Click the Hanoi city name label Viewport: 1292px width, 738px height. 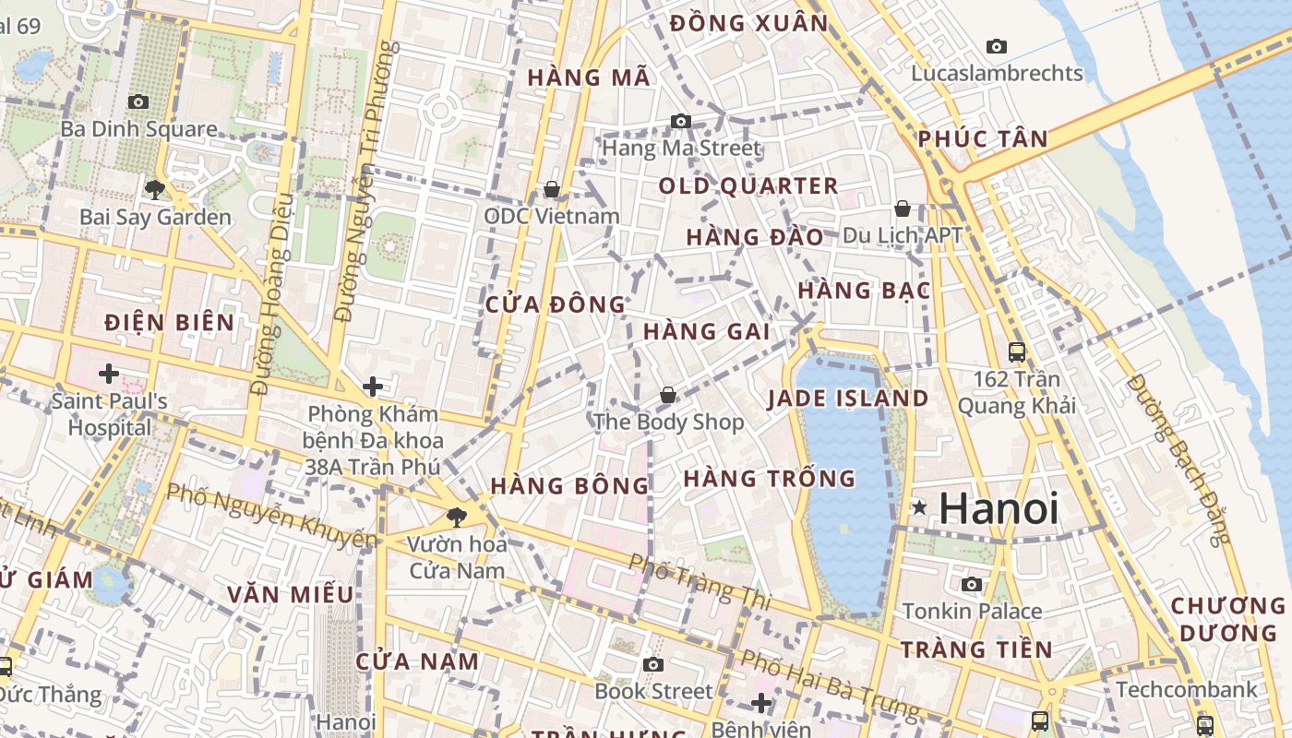pyautogui.click(x=999, y=508)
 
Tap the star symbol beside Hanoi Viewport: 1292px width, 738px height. pyautogui.click(x=919, y=507)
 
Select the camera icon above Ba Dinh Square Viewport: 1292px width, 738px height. pyautogui.click(x=138, y=102)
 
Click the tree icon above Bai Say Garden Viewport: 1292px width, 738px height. pyautogui.click(x=154, y=190)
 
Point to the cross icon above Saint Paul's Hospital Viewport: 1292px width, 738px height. pyautogui.click(x=109, y=374)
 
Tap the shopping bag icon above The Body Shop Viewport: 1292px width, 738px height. pyautogui.click(x=668, y=396)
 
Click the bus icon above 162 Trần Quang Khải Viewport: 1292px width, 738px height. pyautogui.click(x=1016, y=351)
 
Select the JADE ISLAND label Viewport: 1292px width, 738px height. pyautogui.click(x=848, y=399)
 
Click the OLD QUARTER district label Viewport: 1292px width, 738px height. pyautogui.click(x=748, y=186)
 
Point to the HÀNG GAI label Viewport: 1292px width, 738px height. pyautogui.click(x=706, y=331)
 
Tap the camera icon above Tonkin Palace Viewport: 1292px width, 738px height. pyautogui.click(x=972, y=584)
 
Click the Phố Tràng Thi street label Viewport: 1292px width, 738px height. pyautogui.click(x=699, y=580)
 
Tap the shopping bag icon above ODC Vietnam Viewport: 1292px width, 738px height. pyautogui.click(x=552, y=189)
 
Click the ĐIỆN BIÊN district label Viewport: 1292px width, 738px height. pyautogui.click(x=169, y=323)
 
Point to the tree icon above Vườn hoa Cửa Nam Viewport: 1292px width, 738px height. pyautogui.click(x=456, y=517)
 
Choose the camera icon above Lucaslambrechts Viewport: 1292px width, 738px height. pyautogui.click(x=997, y=46)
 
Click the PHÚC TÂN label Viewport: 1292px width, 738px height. pyautogui.click(x=983, y=139)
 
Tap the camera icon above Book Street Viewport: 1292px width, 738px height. pyautogui.click(x=653, y=664)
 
